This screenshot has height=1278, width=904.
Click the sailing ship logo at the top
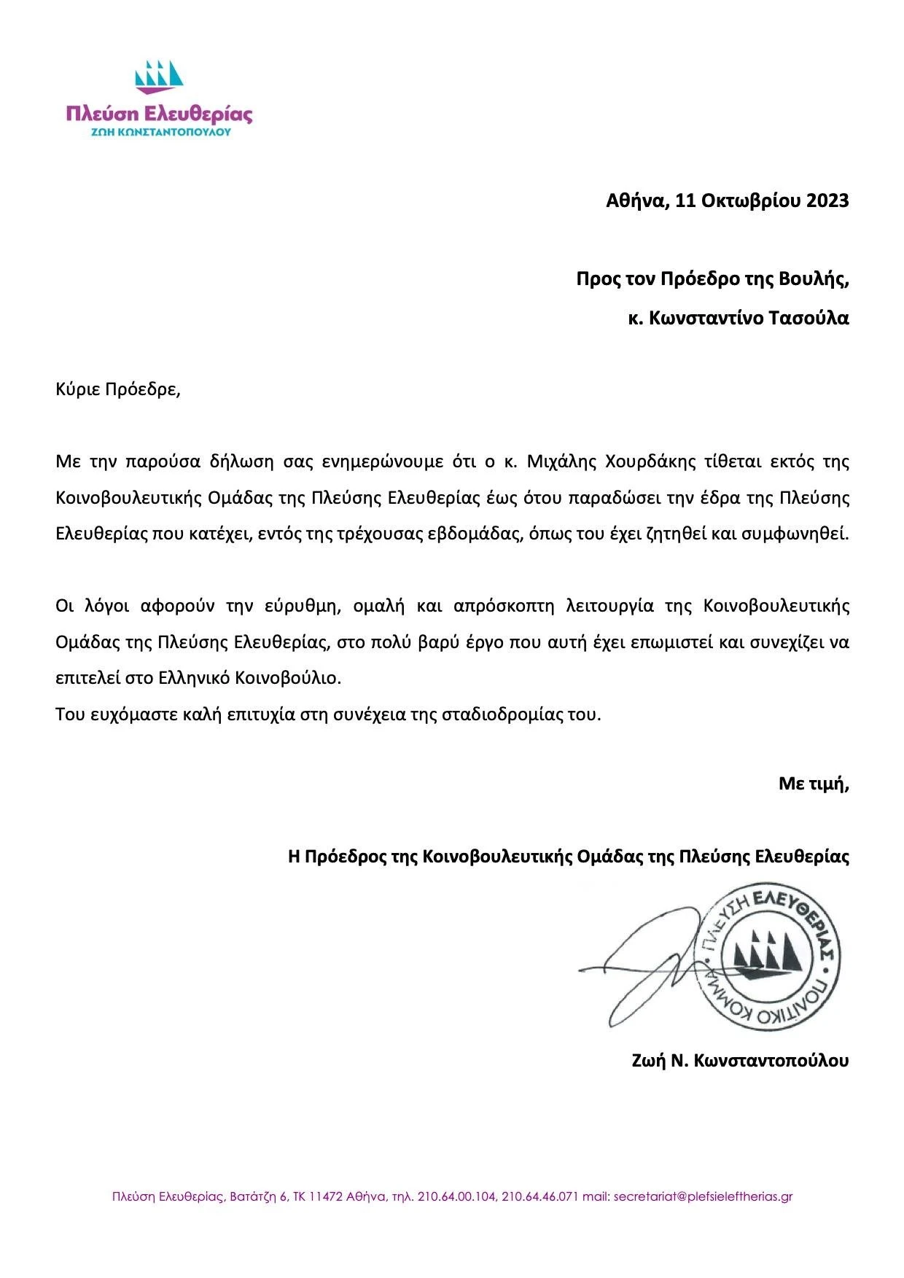[159, 76]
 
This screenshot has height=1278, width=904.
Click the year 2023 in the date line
[827, 200]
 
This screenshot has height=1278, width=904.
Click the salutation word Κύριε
[77, 389]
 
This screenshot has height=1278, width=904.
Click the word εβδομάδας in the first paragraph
[466, 534]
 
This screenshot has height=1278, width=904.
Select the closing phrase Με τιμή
[813, 784]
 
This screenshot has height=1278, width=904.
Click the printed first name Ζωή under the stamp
[649, 1061]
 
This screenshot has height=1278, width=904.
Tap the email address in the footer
[703, 1196]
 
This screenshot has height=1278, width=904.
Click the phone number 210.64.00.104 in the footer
[457, 1196]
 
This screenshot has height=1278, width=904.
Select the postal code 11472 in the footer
[327, 1196]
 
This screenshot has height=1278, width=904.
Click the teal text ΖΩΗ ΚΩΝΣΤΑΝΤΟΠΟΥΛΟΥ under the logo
[160, 133]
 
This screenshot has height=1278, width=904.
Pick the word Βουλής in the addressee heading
[818, 279]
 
